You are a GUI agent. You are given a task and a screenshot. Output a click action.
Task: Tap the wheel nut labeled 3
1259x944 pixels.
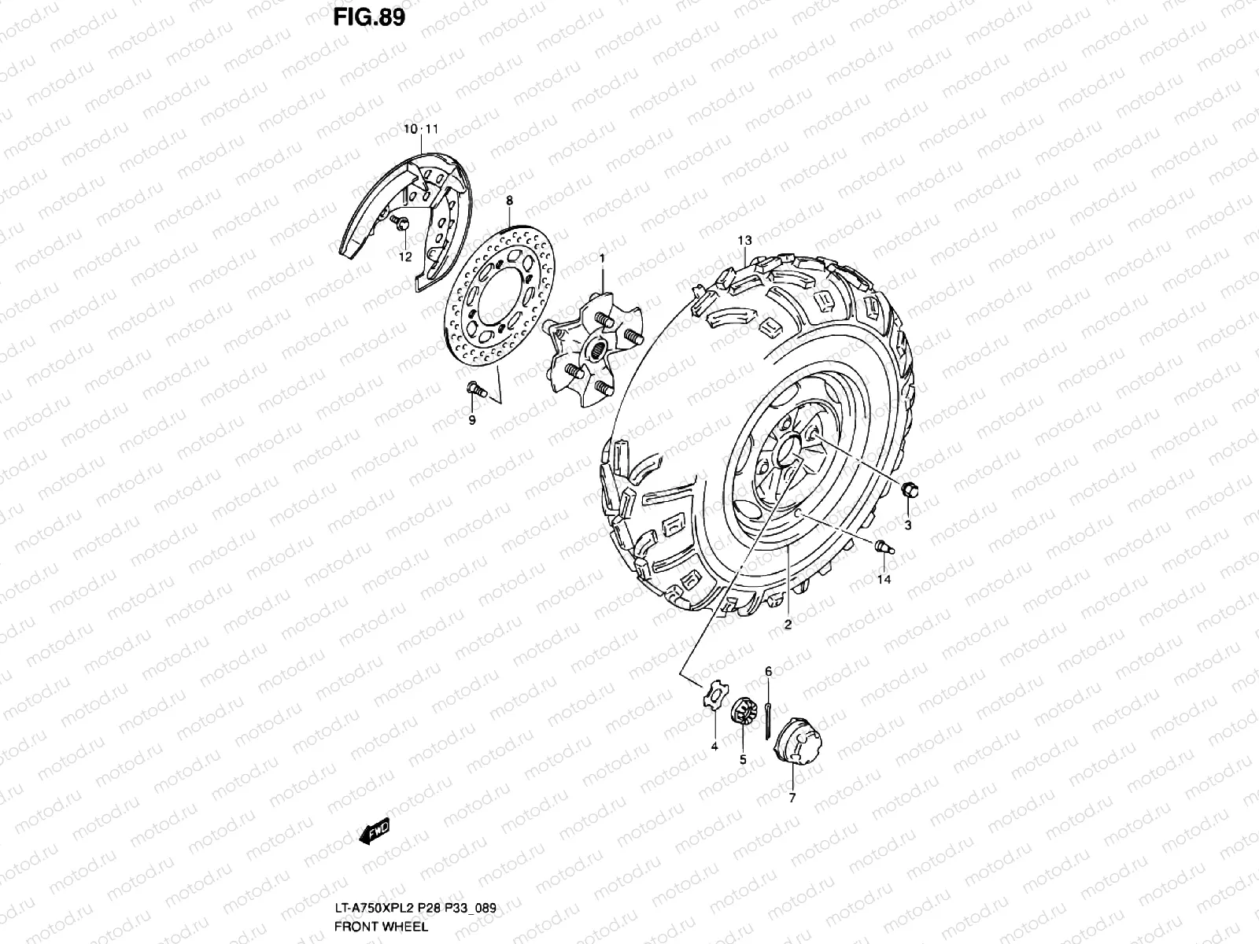(910, 490)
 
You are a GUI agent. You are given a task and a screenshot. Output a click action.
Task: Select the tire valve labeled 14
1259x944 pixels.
(883, 545)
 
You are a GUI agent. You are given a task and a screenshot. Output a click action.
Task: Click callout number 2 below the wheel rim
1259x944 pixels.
(787, 625)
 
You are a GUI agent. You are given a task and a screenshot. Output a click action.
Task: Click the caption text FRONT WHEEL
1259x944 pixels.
(381, 926)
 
